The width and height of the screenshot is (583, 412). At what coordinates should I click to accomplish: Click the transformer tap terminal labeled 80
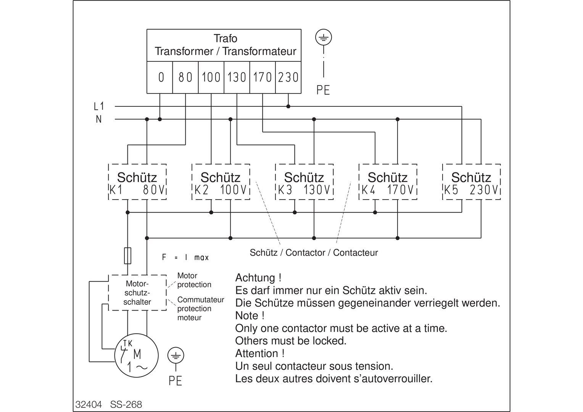(185, 77)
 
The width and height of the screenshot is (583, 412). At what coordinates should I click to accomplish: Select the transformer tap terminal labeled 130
(237, 77)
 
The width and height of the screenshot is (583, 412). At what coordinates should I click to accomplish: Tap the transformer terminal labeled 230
(288, 77)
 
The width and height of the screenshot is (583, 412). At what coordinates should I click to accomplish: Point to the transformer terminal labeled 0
(160, 77)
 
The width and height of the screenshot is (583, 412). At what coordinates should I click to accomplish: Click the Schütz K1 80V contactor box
(137, 182)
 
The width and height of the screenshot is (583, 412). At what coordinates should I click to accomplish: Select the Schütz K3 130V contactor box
(304, 182)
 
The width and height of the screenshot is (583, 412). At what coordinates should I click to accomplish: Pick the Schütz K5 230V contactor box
(471, 182)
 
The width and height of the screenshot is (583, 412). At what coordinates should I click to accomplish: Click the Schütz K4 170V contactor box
(388, 182)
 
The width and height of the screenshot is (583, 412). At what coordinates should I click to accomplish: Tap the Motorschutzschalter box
(137, 293)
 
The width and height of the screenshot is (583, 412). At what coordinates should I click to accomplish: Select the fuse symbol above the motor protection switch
(128, 256)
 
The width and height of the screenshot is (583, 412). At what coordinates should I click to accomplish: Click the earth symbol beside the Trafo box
(324, 38)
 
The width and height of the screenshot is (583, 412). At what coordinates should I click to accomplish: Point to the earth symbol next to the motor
(176, 356)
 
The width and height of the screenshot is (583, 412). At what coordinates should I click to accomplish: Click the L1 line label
(99, 106)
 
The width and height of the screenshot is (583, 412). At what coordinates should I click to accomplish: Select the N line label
(99, 119)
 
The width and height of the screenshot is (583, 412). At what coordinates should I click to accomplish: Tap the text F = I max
(185, 257)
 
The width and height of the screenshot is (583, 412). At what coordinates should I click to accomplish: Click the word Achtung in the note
(255, 278)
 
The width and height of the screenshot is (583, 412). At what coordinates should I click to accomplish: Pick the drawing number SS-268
(126, 404)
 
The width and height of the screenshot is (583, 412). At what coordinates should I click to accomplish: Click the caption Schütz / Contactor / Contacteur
(314, 253)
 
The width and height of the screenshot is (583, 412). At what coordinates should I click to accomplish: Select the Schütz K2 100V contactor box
(221, 182)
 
